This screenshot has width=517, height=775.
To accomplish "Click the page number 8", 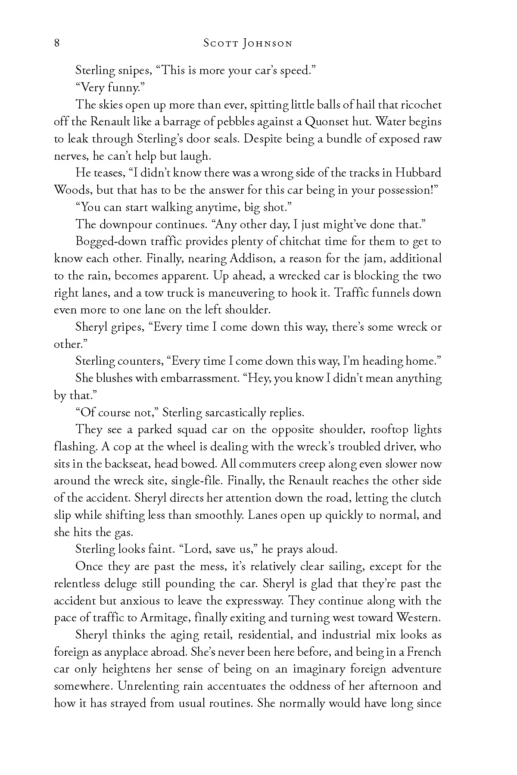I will pyautogui.click(x=57, y=43).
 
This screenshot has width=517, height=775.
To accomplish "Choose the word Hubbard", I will pyautogui.click(x=418, y=173).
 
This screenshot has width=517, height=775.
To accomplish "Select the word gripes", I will pyautogui.click(x=124, y=328).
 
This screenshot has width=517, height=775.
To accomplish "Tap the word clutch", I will pyautogui.click(x=424, y=498).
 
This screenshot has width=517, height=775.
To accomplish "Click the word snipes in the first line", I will pyautogui.click(x=136, y=71).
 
